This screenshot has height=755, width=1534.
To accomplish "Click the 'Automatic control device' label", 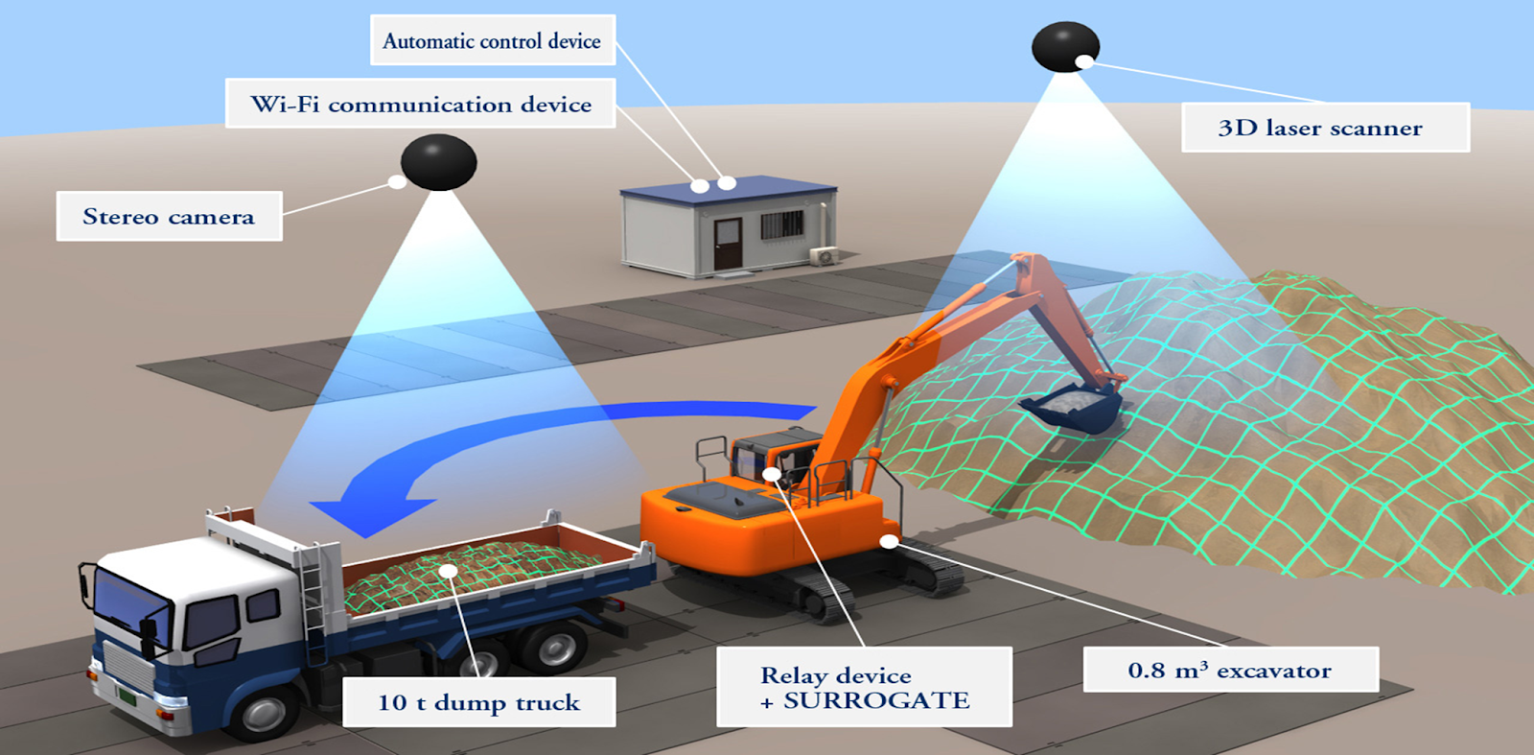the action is coord(492,40).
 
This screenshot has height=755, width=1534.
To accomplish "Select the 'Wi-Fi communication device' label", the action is coord(420,104).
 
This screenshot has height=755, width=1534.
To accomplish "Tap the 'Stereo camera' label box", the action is coord(169,216).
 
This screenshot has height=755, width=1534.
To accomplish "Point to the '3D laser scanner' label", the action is coord(1324,128).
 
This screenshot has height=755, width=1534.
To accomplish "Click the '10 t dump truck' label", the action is coord(478,702).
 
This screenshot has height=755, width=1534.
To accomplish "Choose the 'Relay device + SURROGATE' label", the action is coord(864,687).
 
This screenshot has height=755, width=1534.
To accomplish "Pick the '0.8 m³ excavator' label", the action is coord(1230,670).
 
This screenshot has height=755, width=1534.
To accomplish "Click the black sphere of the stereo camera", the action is coord(438,161).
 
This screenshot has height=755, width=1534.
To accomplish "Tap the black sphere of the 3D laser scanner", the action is coord(1064,45).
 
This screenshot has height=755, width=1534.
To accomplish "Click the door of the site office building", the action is coord(728,244).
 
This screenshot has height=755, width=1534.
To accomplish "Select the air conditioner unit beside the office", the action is coord(824,255).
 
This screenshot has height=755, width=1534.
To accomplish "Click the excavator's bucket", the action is coord(1073,408).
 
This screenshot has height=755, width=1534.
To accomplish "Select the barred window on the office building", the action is coord(781,225).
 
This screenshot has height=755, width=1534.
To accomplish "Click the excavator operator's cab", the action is coord(775,460).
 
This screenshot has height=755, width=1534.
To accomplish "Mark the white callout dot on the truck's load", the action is coord(448,571).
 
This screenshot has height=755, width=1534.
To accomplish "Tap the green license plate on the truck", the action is coord(126,694).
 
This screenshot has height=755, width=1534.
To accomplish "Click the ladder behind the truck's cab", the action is coord(312,604).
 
